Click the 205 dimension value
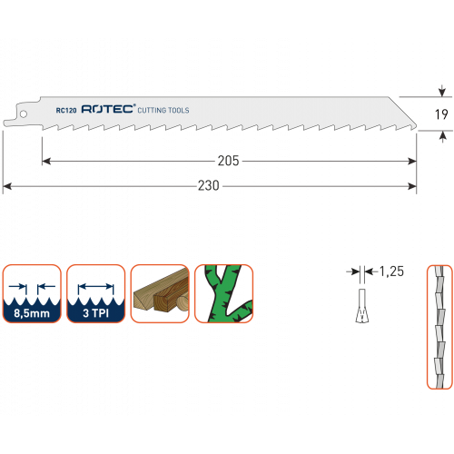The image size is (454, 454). (229, 161)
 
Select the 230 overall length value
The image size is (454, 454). (209, 185)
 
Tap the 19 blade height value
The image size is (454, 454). (441, 114)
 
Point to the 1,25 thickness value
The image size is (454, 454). (391, 271)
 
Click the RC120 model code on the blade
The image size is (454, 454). (66, 111)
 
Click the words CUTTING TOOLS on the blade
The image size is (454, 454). (163, 110)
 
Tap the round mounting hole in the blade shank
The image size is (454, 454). (23, 114)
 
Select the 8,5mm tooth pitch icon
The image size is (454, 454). (32, 293)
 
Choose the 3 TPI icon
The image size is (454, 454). (95, 293)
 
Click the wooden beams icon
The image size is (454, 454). (160, 293)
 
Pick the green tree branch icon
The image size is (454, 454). (223, 293)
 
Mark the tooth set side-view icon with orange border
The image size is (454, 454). (439, 327)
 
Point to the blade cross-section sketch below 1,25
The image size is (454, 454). (362, 306)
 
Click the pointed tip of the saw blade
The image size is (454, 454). (417, 127)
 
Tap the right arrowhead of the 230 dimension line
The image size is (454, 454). (412, 186)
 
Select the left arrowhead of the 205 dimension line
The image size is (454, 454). (46, 161)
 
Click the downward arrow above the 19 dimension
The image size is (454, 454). (442, 91)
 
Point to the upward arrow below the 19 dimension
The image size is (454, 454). (443, 137)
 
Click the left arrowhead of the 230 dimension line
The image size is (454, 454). (7, 186)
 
